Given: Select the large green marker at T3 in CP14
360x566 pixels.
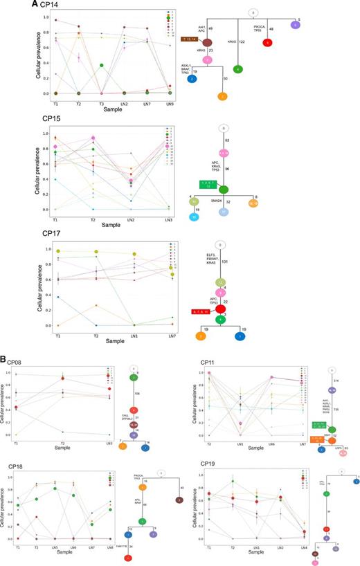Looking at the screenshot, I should point(101,66).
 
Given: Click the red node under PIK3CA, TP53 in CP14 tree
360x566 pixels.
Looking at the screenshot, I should point(267,43).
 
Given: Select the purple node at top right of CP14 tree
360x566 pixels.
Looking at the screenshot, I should point(296,25).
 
